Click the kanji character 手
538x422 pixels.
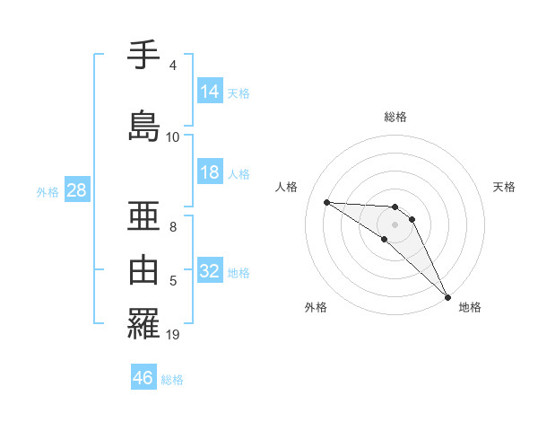(x=143, y=56)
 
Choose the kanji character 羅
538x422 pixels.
(x=143, y=322)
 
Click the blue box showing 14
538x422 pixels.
(x=210, y=92)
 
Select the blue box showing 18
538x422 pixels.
(x=210, y=173)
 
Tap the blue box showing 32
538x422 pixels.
(x=210, y=271)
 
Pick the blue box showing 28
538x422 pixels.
(x=76, y=191)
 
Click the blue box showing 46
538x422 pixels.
(x=143, y=378)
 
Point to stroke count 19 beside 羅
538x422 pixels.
(x=173, y=335)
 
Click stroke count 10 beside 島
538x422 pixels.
(x=173, y=137)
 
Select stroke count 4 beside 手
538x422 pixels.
(x=173, y=66)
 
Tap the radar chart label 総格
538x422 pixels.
(x=395, y=117)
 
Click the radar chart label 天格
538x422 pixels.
(x=504, y=187)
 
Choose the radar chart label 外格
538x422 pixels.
(x=316, y=307)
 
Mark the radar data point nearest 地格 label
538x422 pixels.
(x=447, y=296)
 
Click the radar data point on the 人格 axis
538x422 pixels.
(x=326, y=202)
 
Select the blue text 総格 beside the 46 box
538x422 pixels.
(x=172, y=380)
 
